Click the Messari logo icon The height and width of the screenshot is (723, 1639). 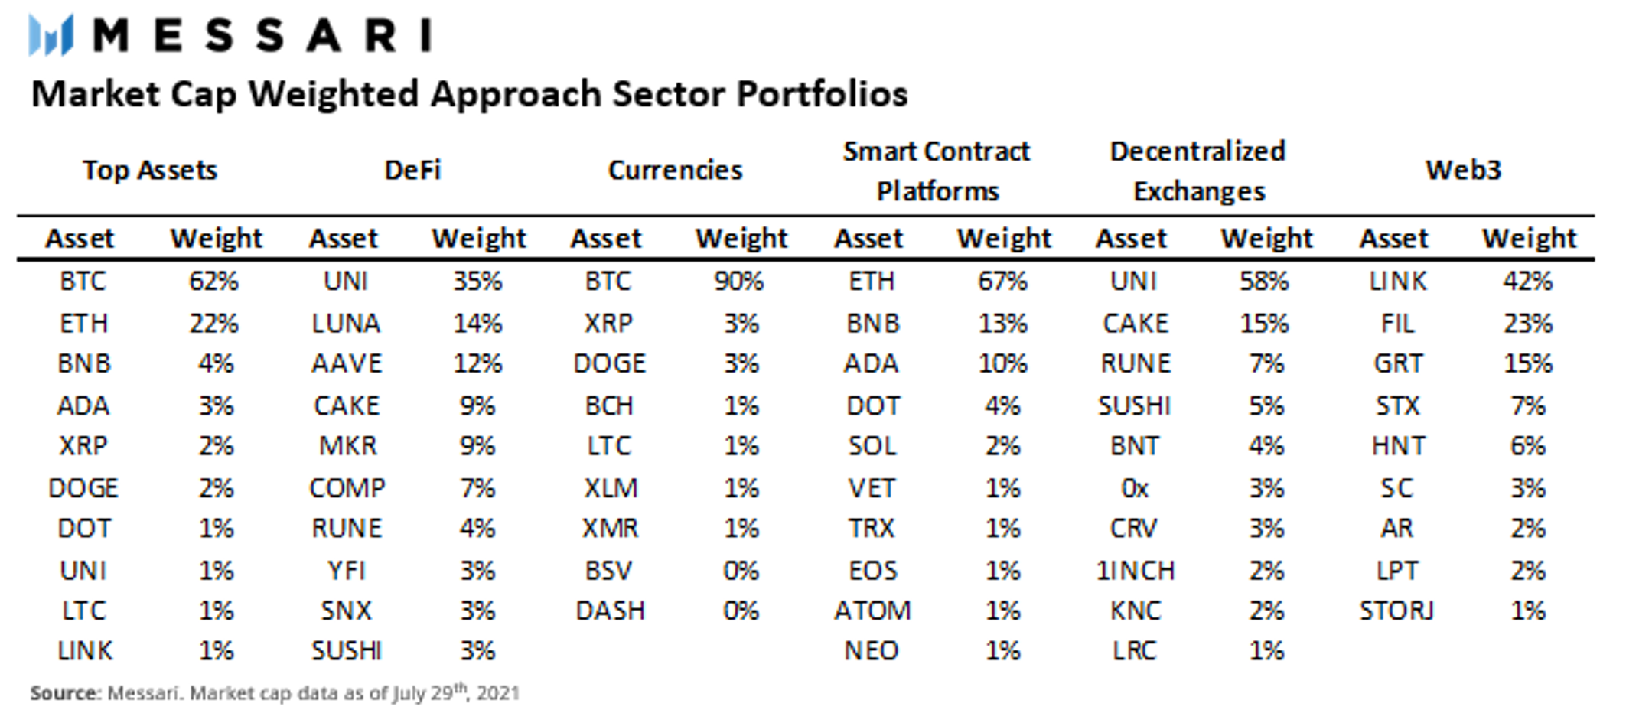[51, 35]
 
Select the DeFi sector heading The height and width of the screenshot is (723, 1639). [412, 170]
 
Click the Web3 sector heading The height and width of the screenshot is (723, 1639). [1463, 170]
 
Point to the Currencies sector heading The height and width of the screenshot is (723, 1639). [675, 170]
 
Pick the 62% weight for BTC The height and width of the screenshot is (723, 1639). [213, 282]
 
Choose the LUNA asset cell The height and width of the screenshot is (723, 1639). [346, 324]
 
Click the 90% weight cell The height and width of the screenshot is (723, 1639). [738, 282]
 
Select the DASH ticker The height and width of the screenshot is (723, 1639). [610, 611]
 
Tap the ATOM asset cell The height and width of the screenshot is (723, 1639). [872, 611]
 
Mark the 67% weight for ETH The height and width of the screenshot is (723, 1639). [1002, 282]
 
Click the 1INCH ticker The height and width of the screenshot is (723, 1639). [1136, 571]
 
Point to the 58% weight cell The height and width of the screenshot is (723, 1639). [1264, 282]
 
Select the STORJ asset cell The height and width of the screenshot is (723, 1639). [1396, 611]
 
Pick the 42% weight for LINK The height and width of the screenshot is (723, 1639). [1527, 282]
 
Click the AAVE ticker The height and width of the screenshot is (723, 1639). [347, 363]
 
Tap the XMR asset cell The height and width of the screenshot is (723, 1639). [610, 529]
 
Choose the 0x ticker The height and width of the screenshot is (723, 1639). [1135, 488]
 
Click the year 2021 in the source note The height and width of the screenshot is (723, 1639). [497, 694]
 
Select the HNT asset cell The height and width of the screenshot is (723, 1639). [1398, 446]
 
